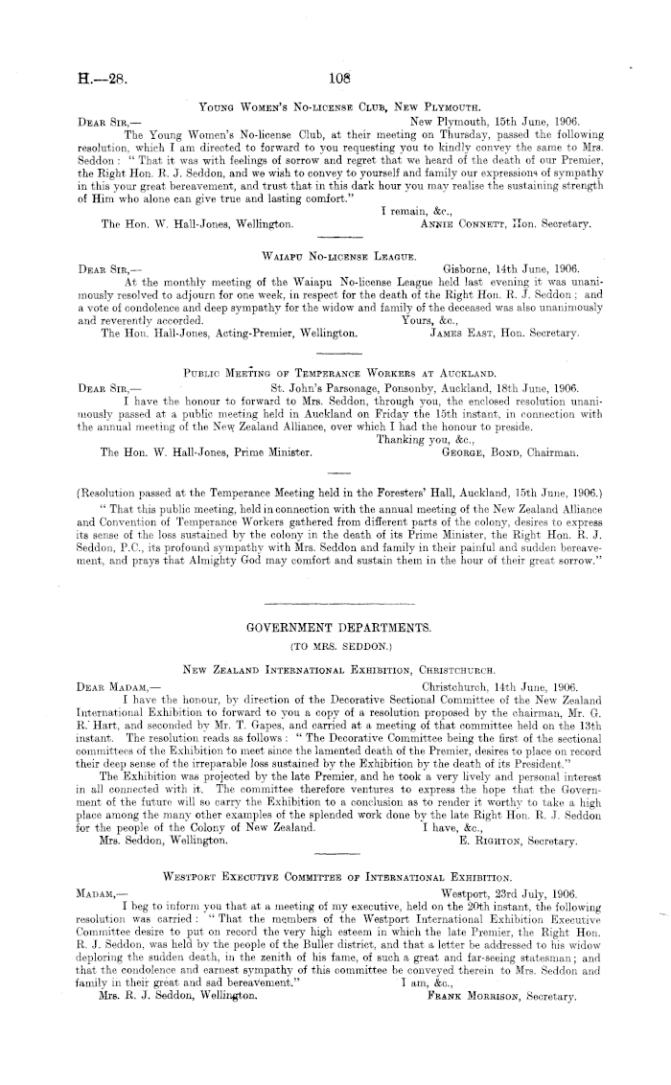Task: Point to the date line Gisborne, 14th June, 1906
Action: (x=513, y=269)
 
